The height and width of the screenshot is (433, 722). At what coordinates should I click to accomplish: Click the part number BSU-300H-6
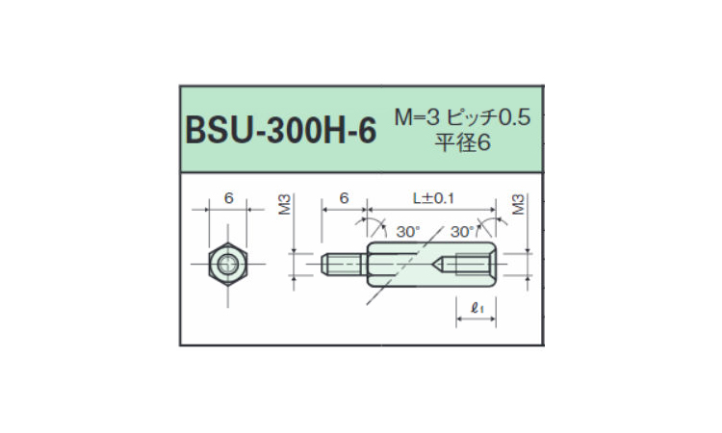281,130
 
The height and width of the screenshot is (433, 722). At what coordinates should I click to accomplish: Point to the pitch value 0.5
515,117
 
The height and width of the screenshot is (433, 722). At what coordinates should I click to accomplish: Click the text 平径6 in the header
463,142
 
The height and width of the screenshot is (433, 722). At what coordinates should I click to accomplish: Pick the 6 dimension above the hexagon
228,198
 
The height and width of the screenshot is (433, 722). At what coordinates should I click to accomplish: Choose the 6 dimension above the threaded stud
344,198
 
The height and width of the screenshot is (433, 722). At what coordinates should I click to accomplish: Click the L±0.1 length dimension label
433,198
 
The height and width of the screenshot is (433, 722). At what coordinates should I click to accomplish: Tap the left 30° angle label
408,232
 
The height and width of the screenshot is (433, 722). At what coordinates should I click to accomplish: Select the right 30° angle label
462,232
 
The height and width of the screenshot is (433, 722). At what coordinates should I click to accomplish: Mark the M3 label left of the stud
285,204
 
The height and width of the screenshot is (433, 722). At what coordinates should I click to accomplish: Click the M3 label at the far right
518,204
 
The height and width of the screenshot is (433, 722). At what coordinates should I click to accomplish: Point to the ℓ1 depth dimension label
477,308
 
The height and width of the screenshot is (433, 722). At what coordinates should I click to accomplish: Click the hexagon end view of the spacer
228,264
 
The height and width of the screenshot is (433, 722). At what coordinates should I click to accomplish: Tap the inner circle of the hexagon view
228,264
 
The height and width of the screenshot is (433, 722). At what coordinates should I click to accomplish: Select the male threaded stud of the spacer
344,264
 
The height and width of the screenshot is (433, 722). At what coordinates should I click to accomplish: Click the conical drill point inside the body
438,264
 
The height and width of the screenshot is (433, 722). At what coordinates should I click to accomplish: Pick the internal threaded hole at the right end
473,264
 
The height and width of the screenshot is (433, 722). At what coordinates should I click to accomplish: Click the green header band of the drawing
361,129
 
